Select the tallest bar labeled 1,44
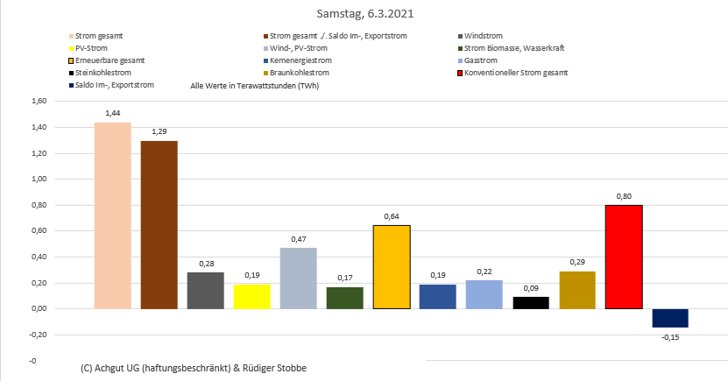[113, 215]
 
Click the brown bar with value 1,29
[159, 225]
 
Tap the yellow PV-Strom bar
[252, 297]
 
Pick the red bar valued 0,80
[624, 257]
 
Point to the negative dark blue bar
[670, 318]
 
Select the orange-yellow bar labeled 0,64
[392, 267]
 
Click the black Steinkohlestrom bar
[531, 303]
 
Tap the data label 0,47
[299, 238]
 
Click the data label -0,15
[670, 337]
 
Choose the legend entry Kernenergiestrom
[300, 60]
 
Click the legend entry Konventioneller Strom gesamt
[519, 73]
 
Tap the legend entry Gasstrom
[481, 60]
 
